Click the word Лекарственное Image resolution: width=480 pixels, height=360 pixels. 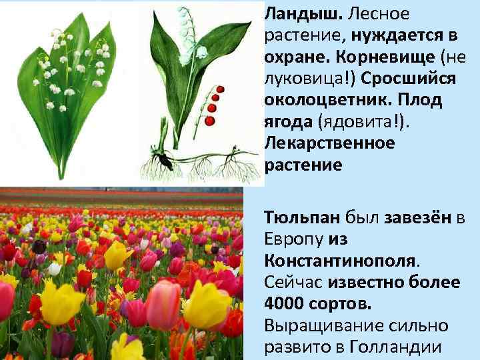[329, 143]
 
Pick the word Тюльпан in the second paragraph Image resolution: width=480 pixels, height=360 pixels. [302, 217]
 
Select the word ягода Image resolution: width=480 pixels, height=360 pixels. [289, 122]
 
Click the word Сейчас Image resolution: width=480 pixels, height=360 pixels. [293, 282]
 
